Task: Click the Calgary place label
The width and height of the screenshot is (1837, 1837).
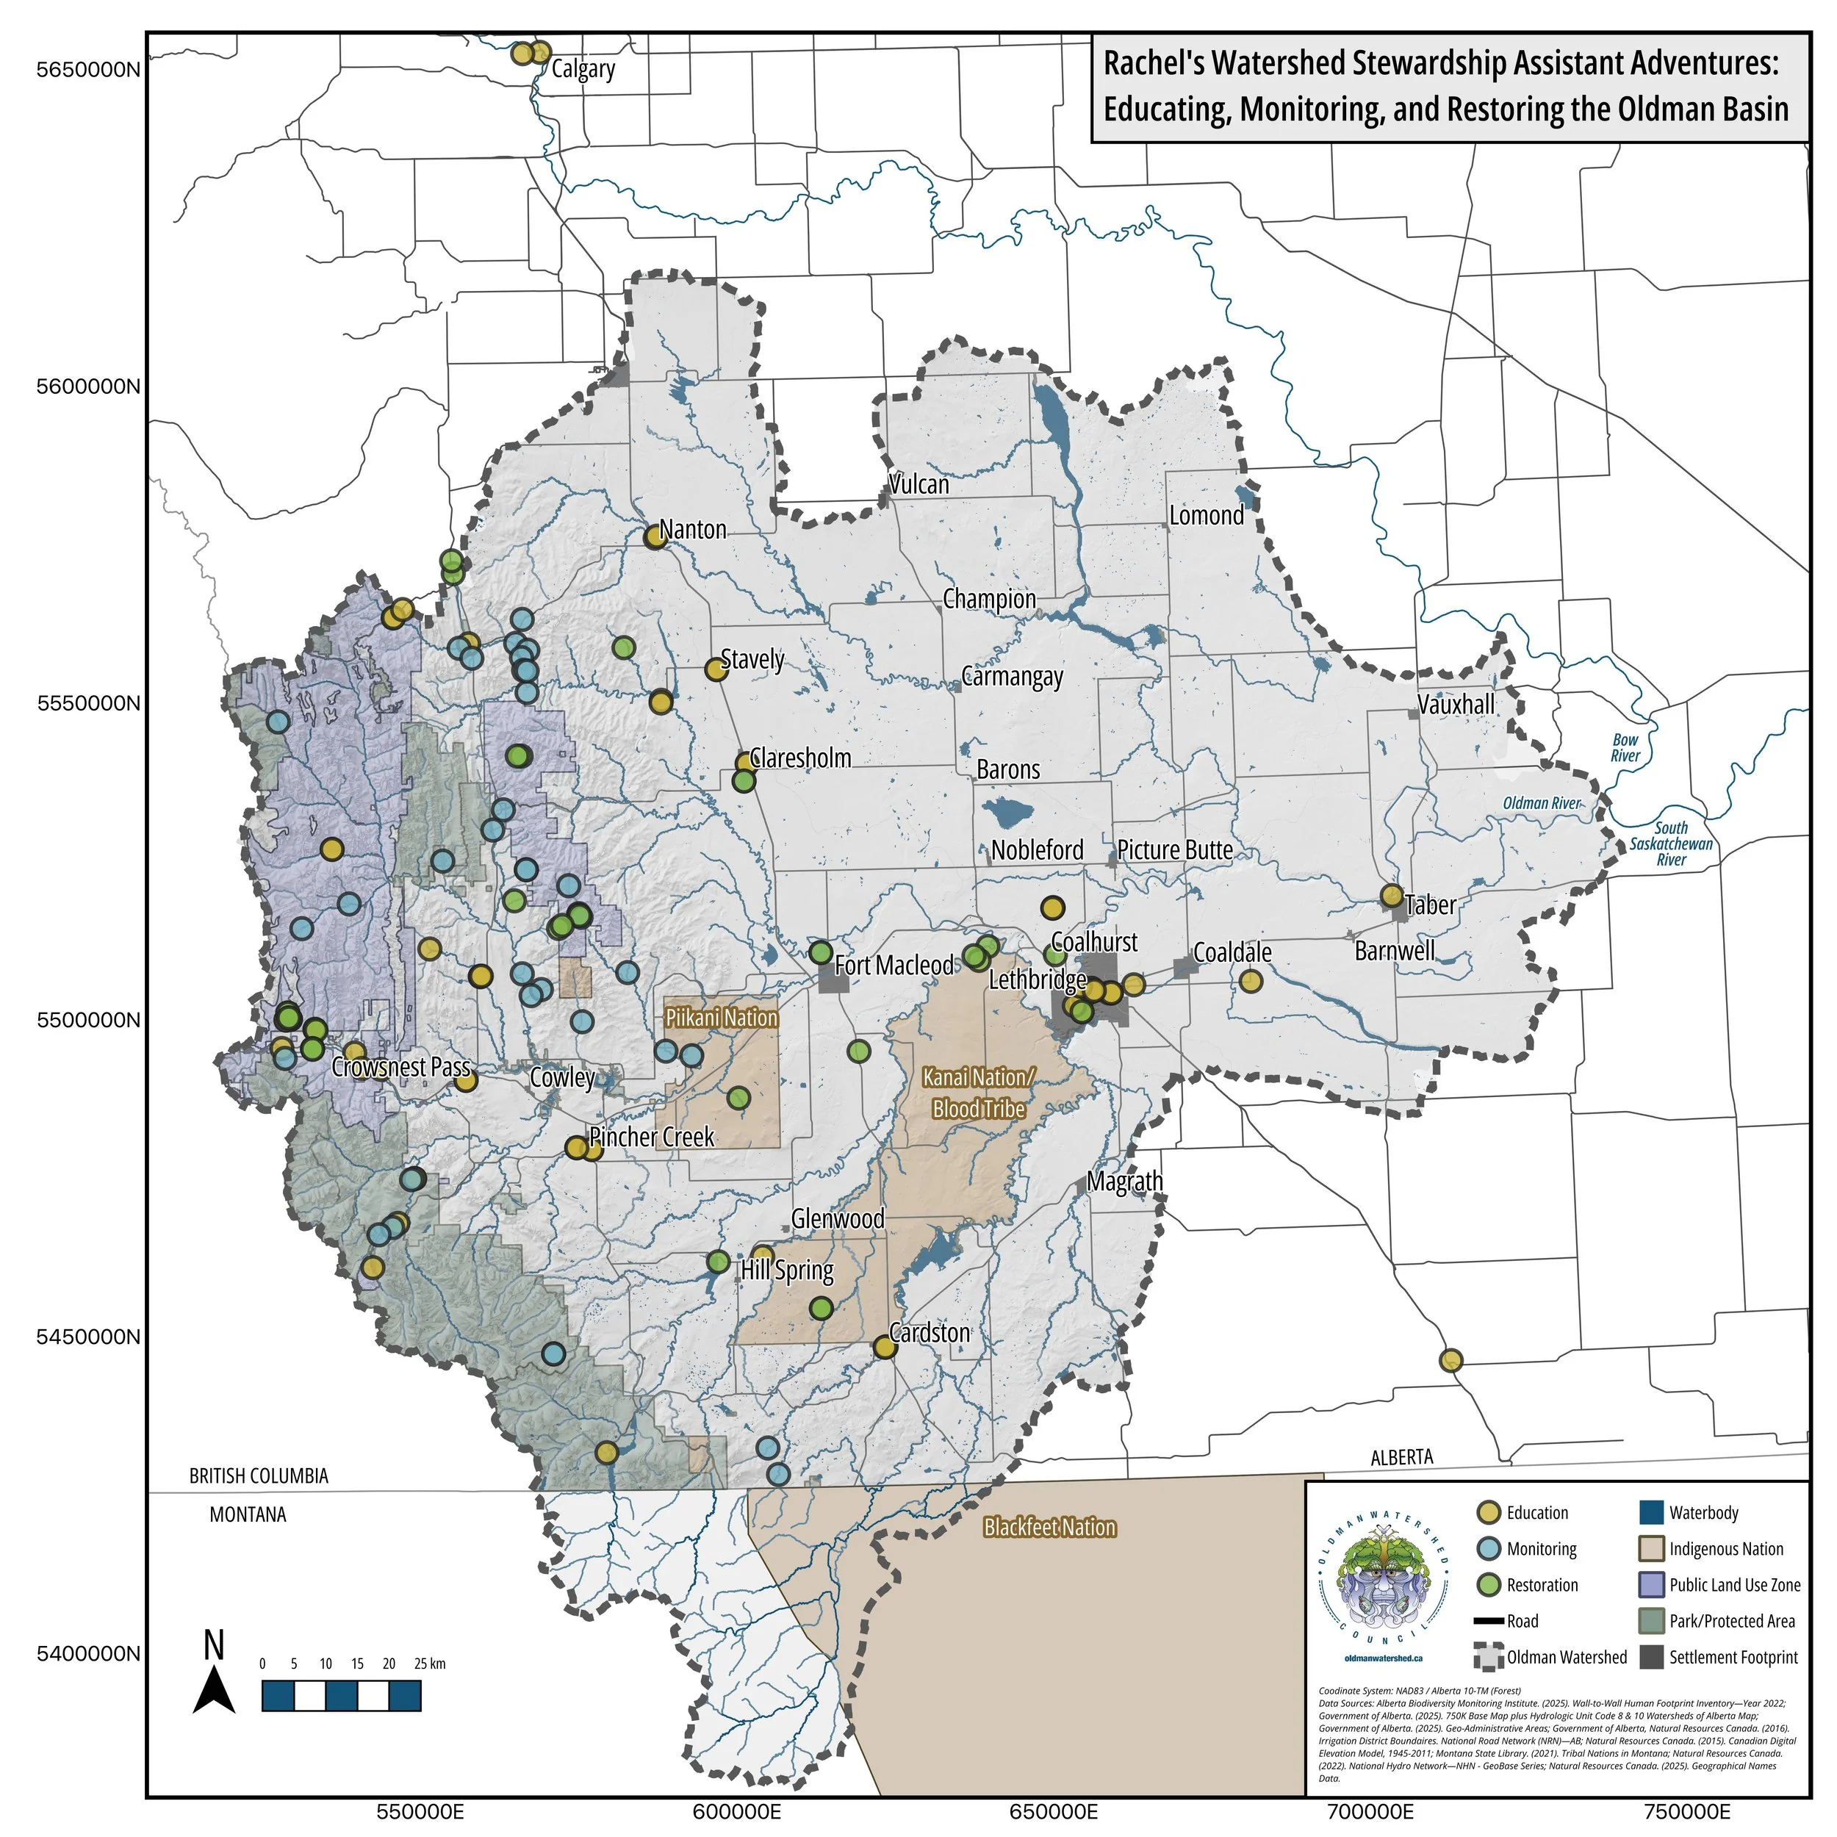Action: point(583,68)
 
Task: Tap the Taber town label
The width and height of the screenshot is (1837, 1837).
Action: point(1430,905)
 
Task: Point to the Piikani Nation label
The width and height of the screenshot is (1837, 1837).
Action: point(721,1018)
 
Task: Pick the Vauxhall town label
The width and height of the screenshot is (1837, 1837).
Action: point(1456,705)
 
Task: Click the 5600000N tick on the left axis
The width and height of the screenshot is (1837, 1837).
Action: point(87,387)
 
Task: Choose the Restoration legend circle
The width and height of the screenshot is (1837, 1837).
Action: point(1488,1585)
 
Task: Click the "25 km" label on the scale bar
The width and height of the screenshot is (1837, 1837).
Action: point(430,1664)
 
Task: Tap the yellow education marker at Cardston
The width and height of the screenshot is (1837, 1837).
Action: point(884,1346)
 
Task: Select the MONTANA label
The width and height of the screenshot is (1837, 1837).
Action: point(247,1514)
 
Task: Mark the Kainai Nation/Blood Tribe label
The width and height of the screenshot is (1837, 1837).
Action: point(979,1093)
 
